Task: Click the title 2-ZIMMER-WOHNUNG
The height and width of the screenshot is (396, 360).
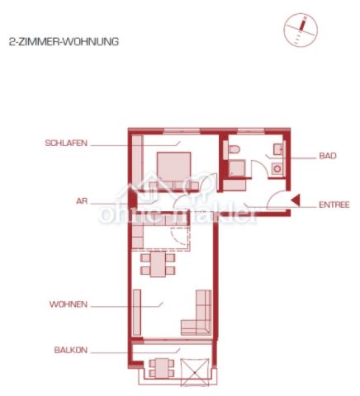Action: [64, 42]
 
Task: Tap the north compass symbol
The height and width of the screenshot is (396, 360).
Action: [301, 30]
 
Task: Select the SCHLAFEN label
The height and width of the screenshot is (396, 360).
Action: [66, 143]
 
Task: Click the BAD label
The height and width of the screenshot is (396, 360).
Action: [328, 156]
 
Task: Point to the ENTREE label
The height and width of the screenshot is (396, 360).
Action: [334, 205]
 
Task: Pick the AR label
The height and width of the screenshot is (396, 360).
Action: [82, 201]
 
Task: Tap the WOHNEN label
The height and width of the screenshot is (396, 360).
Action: [69, 304]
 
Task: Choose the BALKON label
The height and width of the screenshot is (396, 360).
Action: [71, 351]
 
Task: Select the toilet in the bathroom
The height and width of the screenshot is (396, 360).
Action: [234, 149]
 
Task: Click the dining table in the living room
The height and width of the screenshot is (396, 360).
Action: [158, 264]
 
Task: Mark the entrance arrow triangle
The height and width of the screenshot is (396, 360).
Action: [296, 200]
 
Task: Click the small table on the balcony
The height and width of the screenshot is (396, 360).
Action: [162, 368]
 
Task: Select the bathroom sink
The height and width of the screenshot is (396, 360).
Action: [277, 149]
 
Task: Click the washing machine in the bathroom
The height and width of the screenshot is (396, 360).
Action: [277, 168]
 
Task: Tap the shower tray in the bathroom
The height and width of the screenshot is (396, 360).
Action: [237, 168]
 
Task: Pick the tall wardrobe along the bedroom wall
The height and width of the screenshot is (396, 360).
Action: [137, 163]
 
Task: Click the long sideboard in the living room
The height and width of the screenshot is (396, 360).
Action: [137, 312]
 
